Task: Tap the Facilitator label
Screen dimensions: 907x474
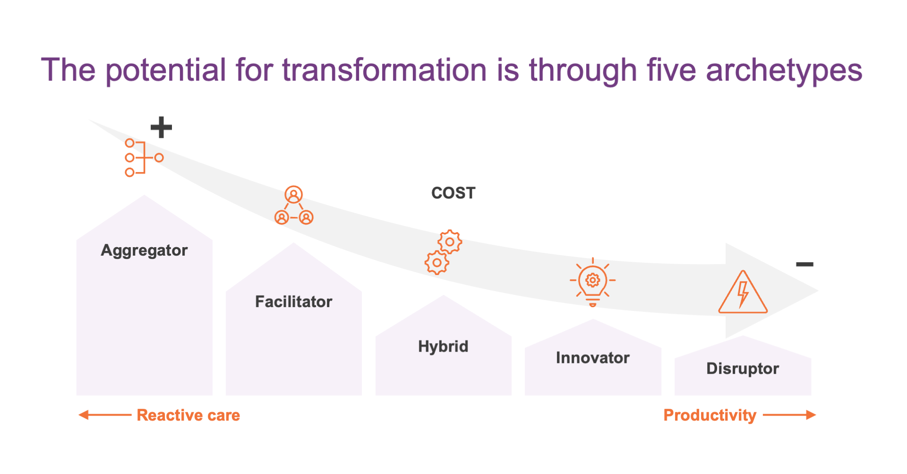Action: [294, 302]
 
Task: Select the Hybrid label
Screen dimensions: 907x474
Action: [443, 346]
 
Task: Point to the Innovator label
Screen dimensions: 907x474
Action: [592, 358]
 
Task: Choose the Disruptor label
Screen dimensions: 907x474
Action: [743, 369]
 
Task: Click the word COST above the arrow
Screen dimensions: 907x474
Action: [453, 193]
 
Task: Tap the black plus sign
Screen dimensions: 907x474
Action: [161, 127]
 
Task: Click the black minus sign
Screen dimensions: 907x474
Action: [804, 264]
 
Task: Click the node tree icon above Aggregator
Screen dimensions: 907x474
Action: [143, 158]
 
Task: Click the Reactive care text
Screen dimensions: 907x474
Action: [188, 415]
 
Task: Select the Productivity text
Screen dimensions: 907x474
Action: [710, 415]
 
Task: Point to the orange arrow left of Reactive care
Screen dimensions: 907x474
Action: [105, 415]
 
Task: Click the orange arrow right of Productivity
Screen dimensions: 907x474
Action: [789, 415]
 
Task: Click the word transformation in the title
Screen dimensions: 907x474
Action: [385, 70]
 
